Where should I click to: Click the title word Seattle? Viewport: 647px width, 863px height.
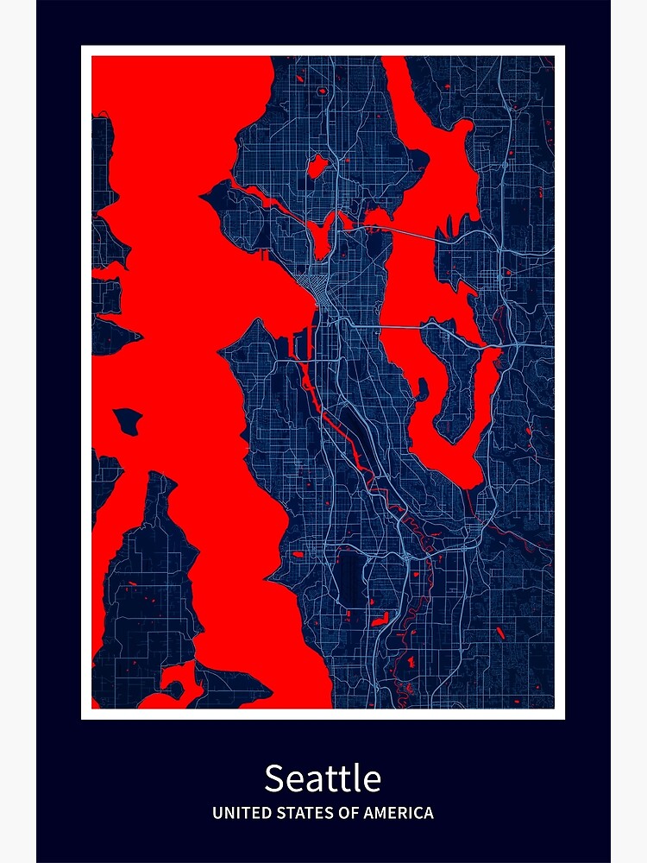323,778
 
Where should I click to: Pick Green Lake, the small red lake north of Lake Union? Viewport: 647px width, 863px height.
317,164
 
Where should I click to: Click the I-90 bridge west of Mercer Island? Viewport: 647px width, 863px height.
401,326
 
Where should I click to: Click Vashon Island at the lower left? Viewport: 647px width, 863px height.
147,587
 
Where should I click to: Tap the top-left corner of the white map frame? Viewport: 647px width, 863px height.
83,47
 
